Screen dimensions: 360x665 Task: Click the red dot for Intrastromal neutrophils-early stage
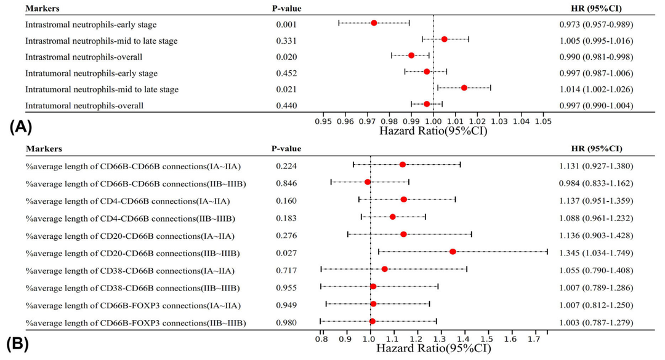pyautogui.click(x=374, y=23)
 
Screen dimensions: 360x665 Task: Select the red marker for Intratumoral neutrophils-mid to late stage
pyautogui.click(x=464, y=88)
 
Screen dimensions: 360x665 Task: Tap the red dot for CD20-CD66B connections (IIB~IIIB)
pyautogui.click(x=453, y=251)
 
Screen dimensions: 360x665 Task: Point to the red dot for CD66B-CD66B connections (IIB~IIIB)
pyautogui.click(x=368, y=182)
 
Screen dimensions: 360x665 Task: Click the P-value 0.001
pyautogui.click(x=286, y=25)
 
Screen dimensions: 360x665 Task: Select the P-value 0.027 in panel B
pyautogui.click(x=286, y=253)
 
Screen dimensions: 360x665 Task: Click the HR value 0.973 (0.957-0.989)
pyautogui.click(x=594, y=25)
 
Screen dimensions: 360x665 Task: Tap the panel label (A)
pyautogui.click(x=20, y=128)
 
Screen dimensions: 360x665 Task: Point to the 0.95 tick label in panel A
pyautogui.click(x=324, y=122)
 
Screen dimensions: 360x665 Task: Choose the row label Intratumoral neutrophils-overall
pyautogui.click(x=84, y=105)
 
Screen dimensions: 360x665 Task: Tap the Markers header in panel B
pyautogui.click(x=44, y=148)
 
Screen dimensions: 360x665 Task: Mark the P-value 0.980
pyautogui.click(x=286, y=323)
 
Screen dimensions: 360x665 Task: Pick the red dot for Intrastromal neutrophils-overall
pyautogui.click(x=411, y=55)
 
